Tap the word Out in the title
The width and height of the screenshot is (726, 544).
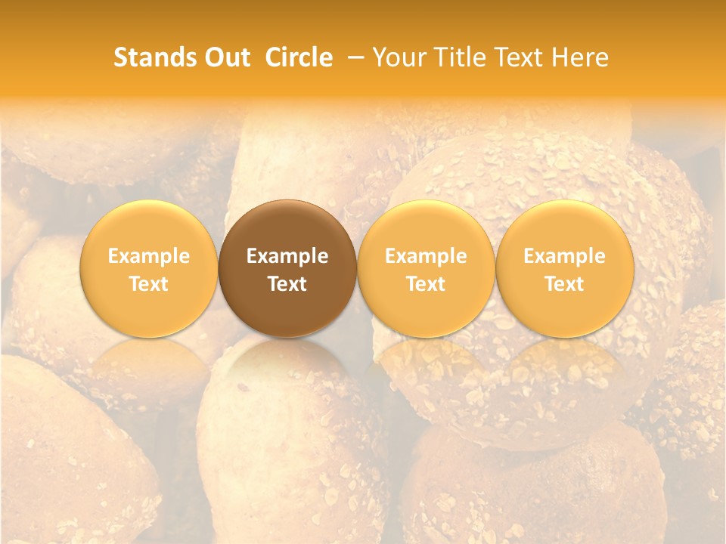pyautogui.click(x=225, y=57)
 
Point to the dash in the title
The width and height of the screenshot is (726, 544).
pyautogui.click(x=352, y=58)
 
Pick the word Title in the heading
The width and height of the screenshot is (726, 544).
pyautogui.click(x=461, y=57)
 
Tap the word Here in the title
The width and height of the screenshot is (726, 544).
pyautogui.click(x=583, y=57)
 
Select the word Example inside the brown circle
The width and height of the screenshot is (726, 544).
pyautogui.click(x=287, y=257)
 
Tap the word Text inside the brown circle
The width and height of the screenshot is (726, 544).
pyautogui.click(x=287, y=284)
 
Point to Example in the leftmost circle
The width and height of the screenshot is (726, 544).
pyautogui.click(x=149, y=257)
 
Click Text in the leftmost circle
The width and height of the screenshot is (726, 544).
pyautogui.click(x=149, y=284)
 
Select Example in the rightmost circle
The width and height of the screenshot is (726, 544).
pyautogui.click(x=565, y=257)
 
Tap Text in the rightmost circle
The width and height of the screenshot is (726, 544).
pyautogui.click(x=565, y=284)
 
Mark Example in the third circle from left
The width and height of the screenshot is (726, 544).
pyautogui.click(x=426, y=257)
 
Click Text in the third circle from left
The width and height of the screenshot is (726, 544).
pyautogui.click(x=426, y=284)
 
